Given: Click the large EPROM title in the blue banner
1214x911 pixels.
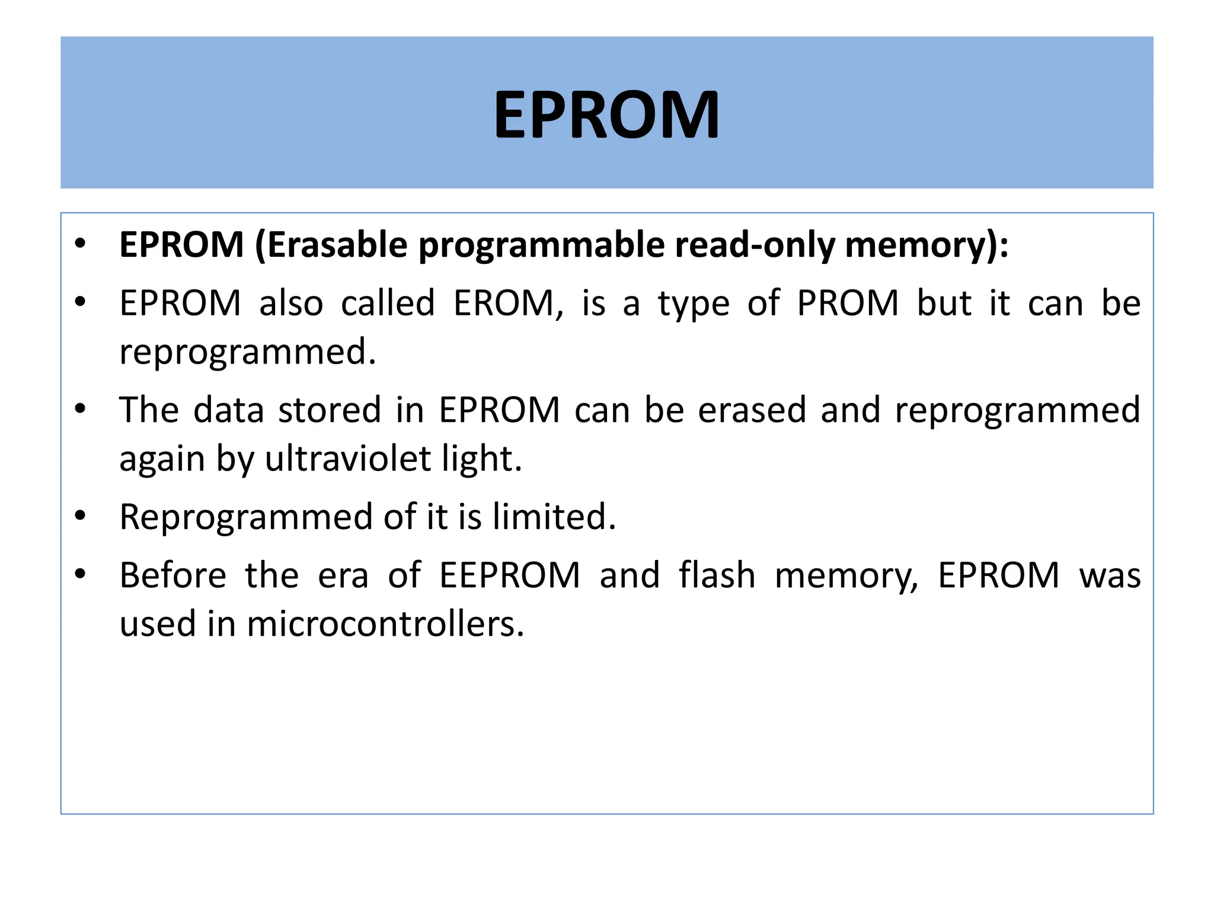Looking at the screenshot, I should (x=606, y=114).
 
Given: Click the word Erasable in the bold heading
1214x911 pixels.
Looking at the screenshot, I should (x=337, y=244).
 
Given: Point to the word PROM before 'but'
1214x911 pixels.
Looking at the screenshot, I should (x=848, y=303).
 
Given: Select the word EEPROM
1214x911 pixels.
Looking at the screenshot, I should (x=510, y=575).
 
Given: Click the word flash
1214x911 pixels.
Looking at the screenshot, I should (x=717, y=575).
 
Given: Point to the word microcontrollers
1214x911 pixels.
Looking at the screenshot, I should (x=385, y=624).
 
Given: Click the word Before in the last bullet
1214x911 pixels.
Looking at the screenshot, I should (x=173, y=575).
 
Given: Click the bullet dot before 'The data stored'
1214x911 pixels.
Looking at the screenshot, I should (x=81, y=409).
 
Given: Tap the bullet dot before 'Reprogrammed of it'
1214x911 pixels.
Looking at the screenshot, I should (x=81, y=516).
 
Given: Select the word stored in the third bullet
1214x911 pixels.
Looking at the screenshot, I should (x=330, y=410).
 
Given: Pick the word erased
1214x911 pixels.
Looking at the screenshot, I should (x=752, y=410).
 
